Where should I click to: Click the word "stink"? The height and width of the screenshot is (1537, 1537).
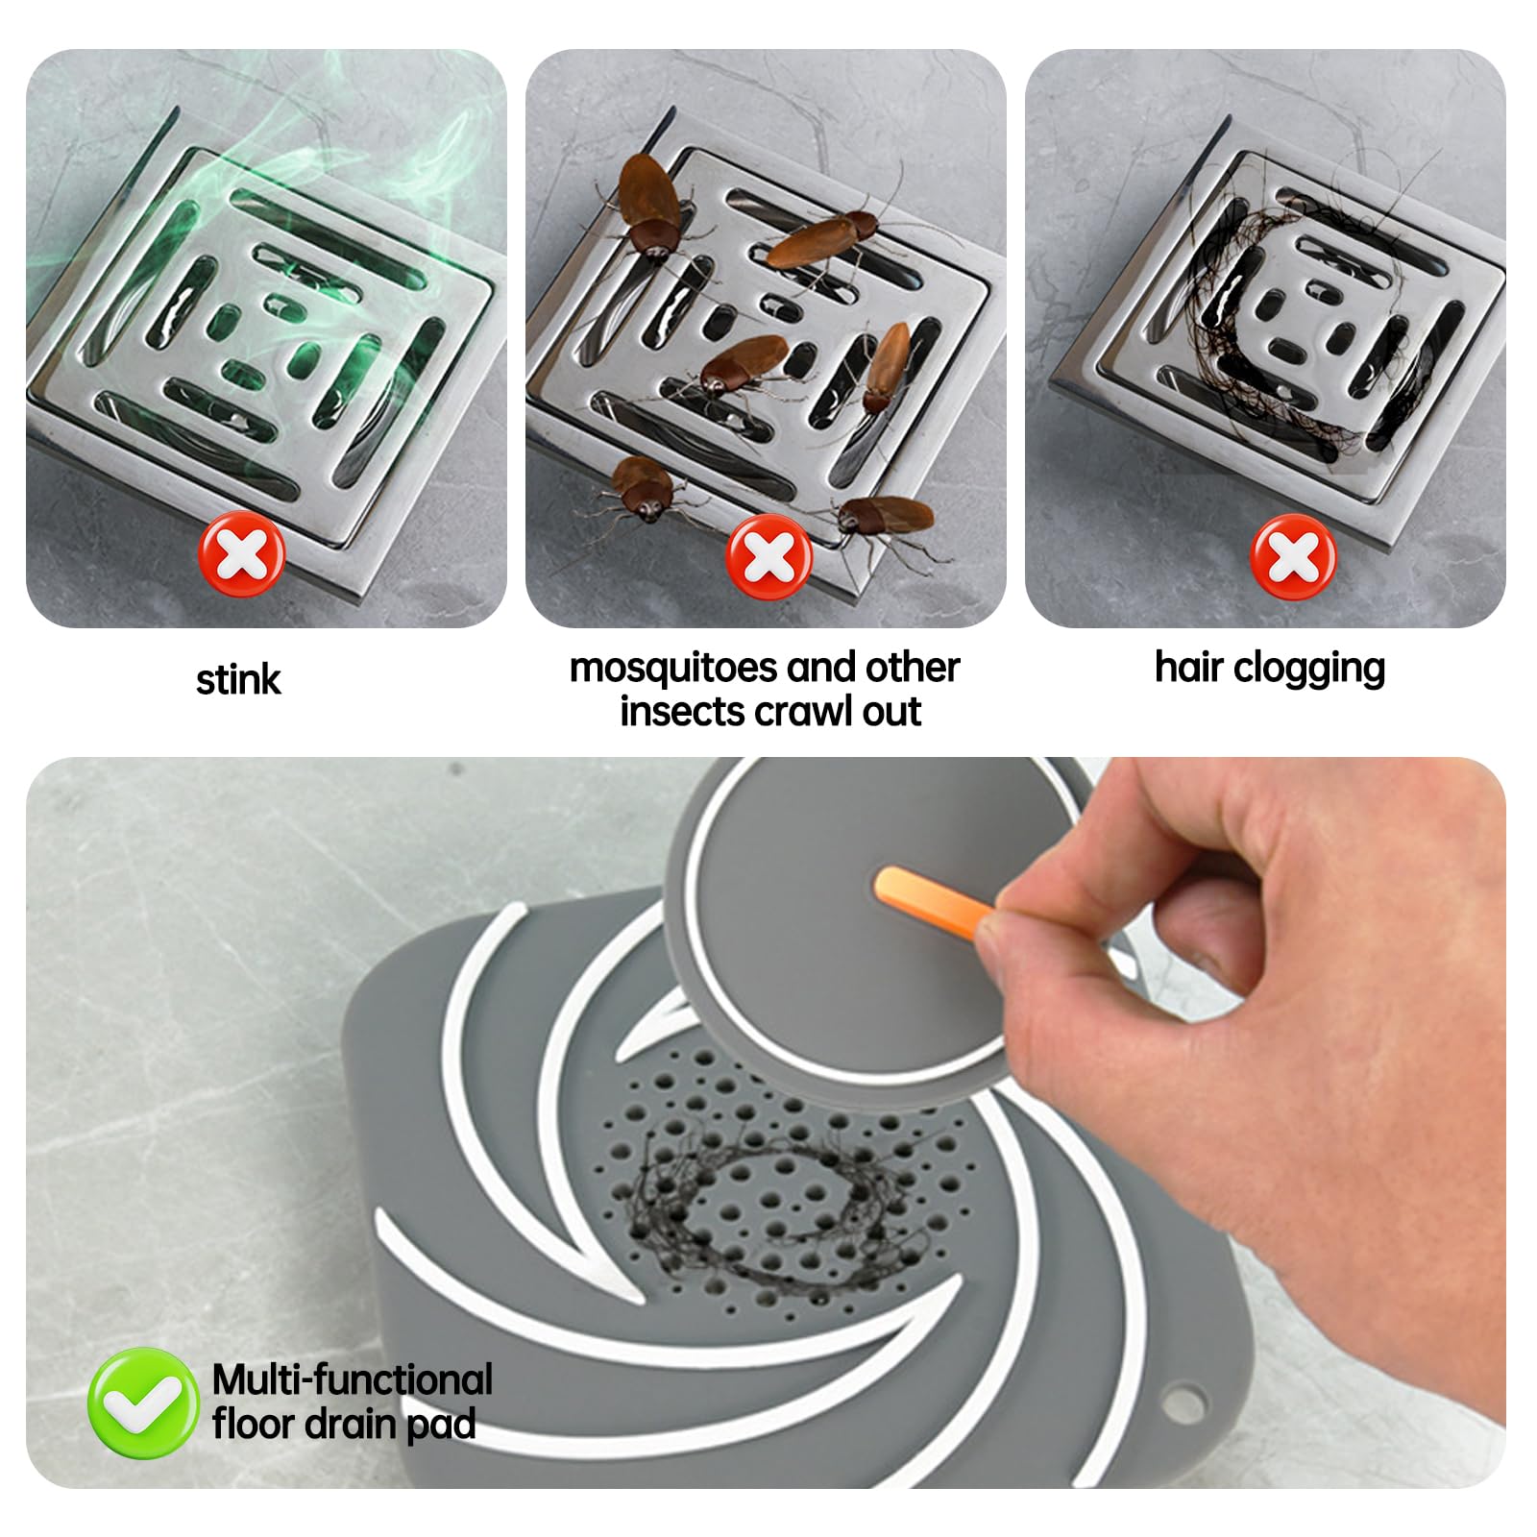238,679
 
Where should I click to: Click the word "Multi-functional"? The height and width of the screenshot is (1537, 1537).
353,1379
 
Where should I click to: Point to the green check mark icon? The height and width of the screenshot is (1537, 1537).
143,1403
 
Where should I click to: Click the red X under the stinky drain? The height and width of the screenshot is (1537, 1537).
241,555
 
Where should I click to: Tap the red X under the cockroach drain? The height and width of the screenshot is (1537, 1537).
768,557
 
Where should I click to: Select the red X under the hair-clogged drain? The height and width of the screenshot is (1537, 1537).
1293,556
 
